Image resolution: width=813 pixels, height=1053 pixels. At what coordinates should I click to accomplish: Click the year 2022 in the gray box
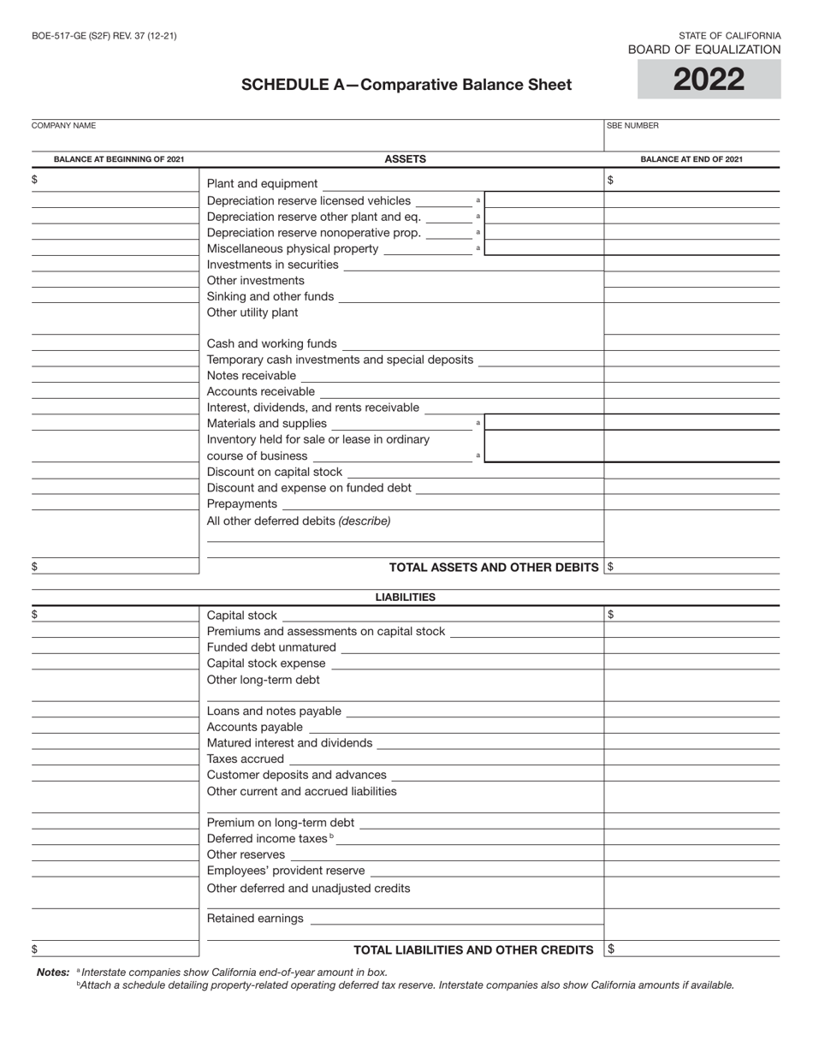tap(709, 80)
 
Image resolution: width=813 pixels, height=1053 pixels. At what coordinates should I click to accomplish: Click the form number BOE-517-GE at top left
tap(104, 36)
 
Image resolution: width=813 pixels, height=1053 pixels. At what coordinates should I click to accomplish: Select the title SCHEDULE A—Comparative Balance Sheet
tap(406, 85)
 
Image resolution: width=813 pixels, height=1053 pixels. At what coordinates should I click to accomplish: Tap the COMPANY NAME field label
tap(63, 126)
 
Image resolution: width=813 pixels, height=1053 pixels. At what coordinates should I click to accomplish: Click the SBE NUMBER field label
tap(632, 126)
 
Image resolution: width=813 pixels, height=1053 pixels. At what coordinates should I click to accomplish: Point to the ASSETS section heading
tap(405, 158)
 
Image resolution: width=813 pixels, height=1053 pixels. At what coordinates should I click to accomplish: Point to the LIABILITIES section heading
tap(405, 598)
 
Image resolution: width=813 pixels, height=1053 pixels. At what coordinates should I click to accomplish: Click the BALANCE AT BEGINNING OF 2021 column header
tap(119, 159)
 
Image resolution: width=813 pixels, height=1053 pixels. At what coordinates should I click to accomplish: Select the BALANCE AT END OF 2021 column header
tap(691, 159)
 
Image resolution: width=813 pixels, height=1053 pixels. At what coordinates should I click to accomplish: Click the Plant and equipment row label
tap(262, 184)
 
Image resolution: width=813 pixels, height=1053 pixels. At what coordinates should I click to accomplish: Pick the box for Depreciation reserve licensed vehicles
tap(544, 200)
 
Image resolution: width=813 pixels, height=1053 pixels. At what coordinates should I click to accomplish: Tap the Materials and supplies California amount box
tap(544, 423)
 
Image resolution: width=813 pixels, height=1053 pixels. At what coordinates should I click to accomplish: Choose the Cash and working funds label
tap(272, 344)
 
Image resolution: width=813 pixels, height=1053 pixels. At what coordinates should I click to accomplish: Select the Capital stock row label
tap(242, 616)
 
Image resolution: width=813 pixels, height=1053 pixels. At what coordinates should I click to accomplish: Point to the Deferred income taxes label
tap(267, 839)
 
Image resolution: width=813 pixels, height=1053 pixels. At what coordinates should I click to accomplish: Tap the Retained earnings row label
tap(255, 919)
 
